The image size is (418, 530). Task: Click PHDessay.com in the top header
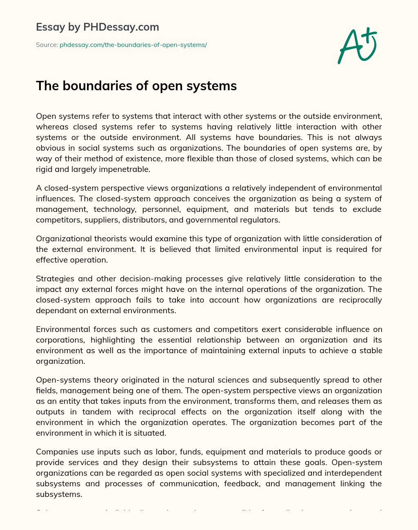pos(121,27)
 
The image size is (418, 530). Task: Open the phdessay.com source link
pos(133,45)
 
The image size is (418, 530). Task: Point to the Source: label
pos(47,45)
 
